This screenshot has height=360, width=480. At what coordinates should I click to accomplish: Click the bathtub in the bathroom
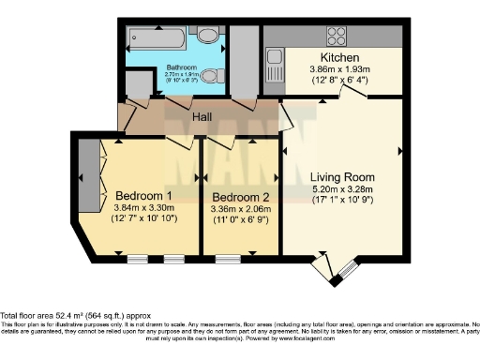tap(160, 39)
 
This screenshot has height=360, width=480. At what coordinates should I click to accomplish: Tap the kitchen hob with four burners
tap(336, 37)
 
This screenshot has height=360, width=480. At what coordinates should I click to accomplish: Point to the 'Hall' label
tap(202, 117)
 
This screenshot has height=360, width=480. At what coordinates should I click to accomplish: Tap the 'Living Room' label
tap(343, 176)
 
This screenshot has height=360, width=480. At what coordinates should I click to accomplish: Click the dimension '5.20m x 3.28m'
tap(343, 189)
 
